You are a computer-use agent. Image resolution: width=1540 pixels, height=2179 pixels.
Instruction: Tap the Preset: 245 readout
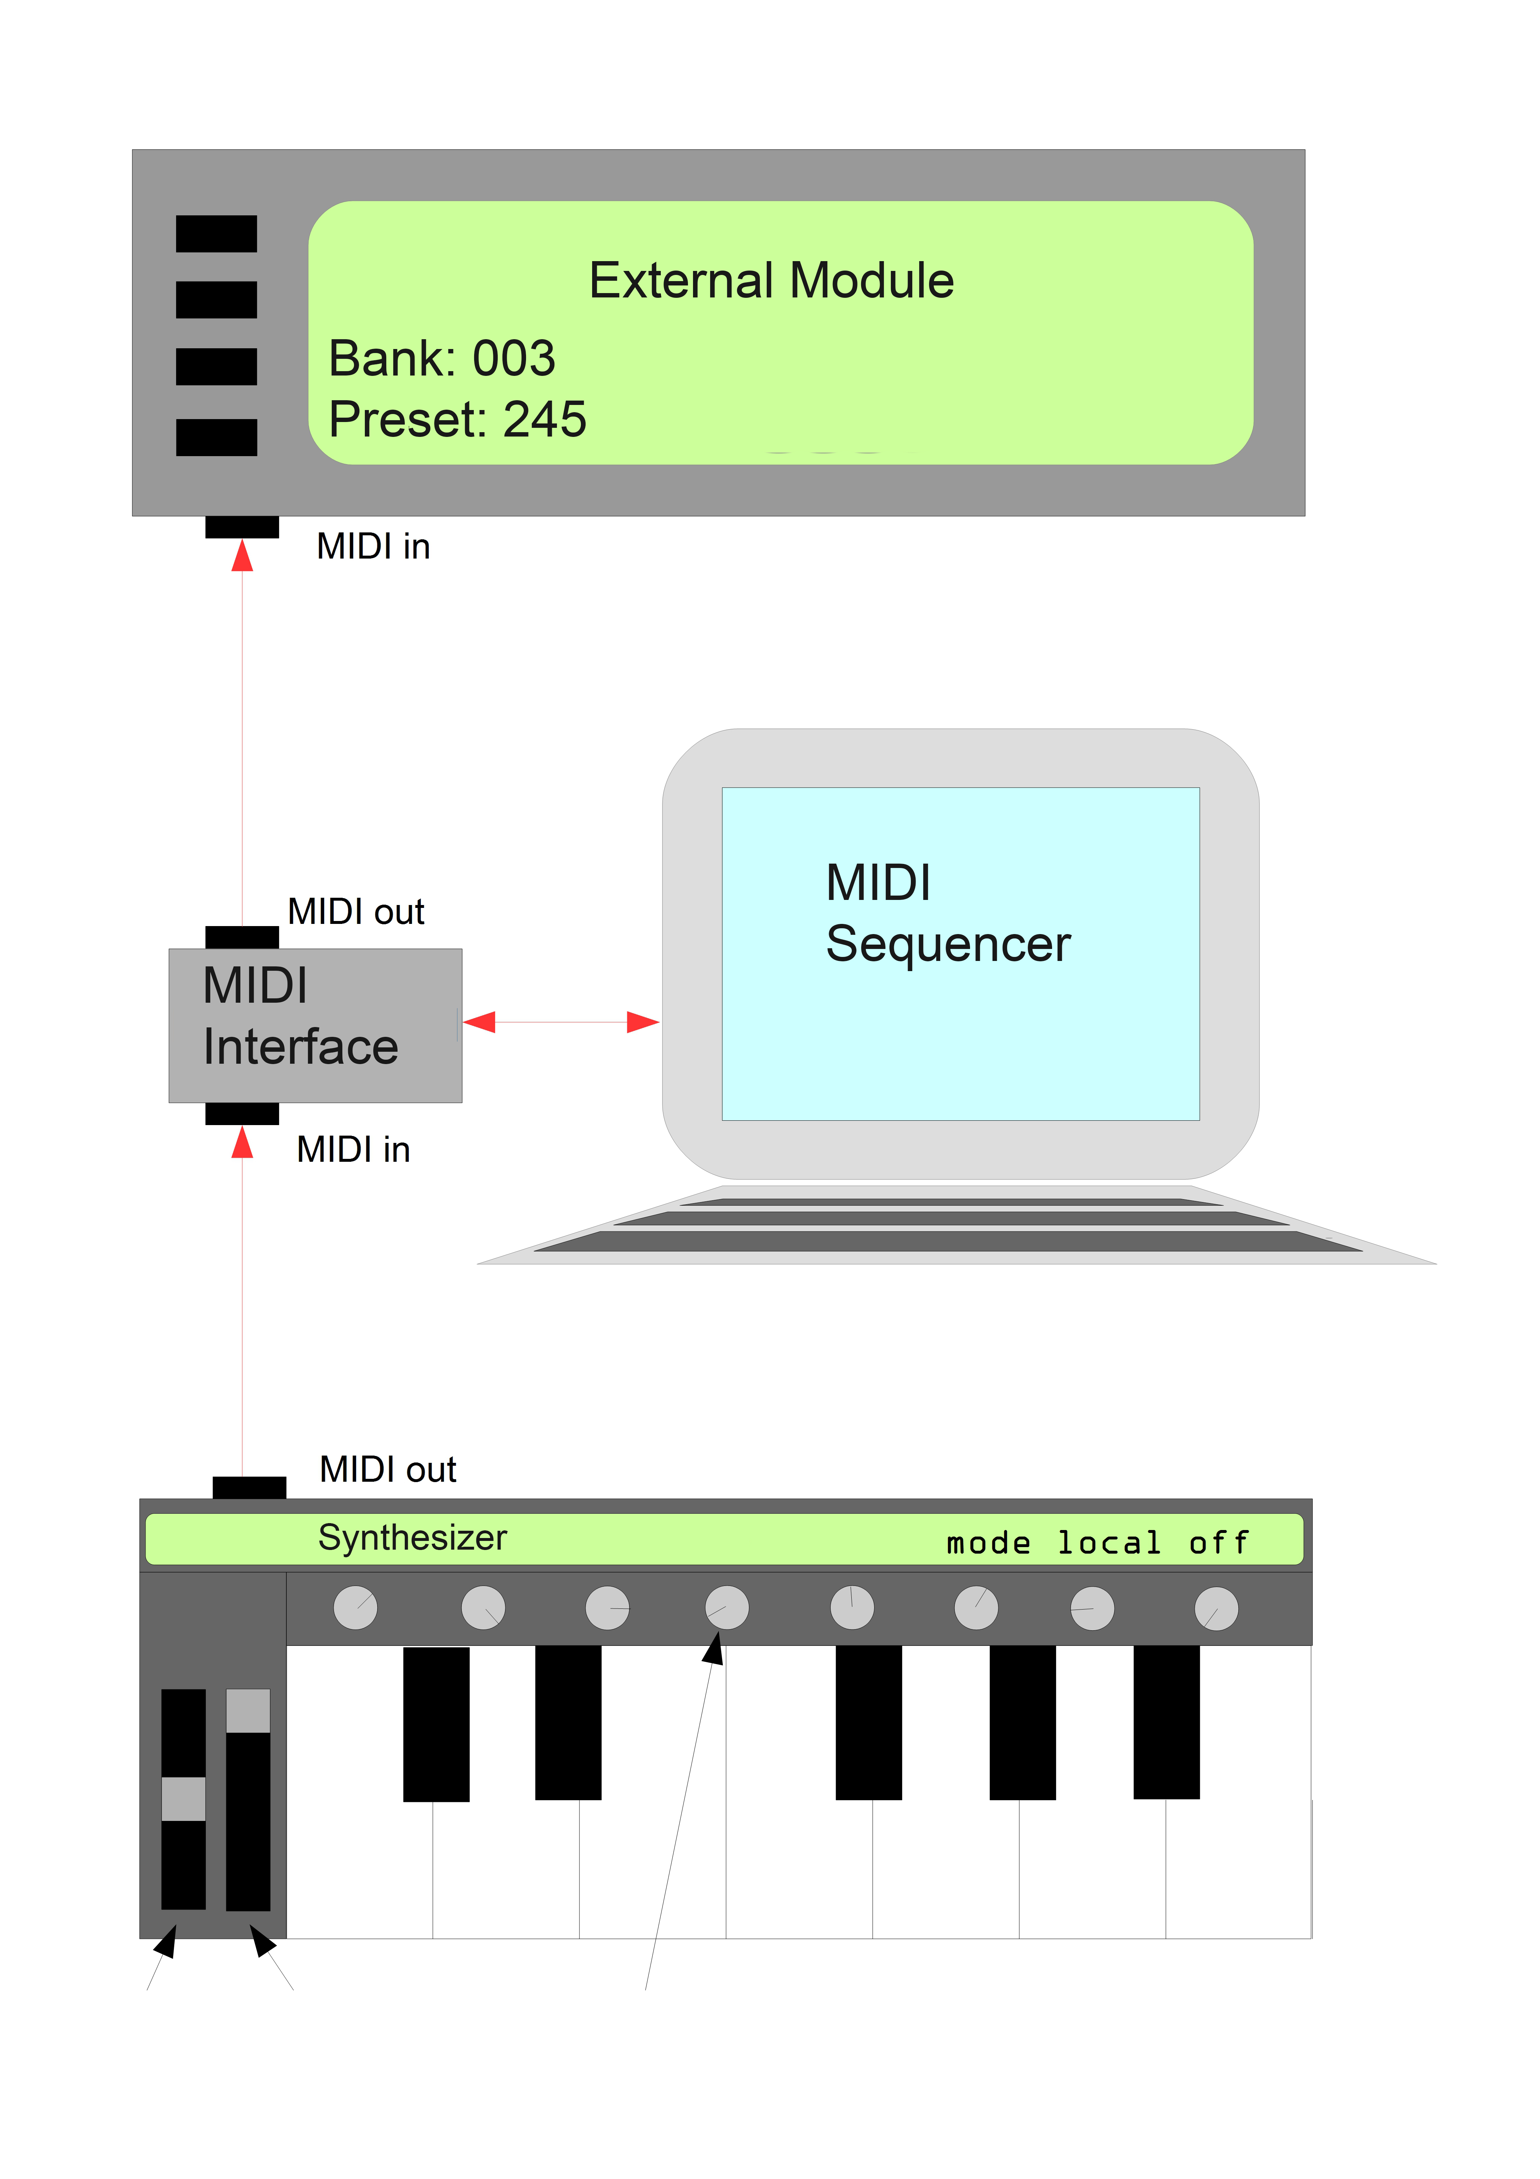point(457,419)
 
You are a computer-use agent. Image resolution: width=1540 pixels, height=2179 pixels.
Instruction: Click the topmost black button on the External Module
point(216,234)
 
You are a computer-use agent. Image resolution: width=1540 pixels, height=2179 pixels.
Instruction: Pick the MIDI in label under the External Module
point(373,547)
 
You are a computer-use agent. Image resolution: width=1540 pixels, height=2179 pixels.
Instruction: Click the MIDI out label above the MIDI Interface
point(356,912)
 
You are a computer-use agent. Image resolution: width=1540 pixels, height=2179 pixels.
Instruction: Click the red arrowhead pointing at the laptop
point(642,1022)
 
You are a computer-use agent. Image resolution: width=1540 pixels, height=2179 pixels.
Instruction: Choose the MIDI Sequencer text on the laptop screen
point(947,913)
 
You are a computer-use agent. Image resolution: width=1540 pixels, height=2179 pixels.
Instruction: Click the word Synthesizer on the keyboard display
point(413,1537)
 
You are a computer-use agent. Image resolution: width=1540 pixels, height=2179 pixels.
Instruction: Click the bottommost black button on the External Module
point(216,438)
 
